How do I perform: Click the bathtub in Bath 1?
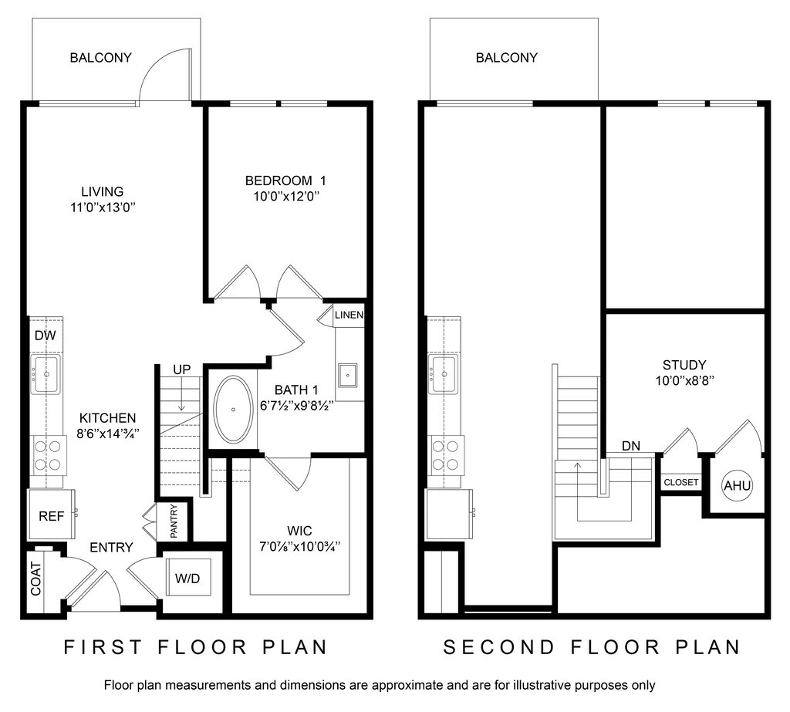click(233, 409)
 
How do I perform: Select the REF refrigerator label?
click(52, 516)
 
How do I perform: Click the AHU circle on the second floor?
click(737, 486)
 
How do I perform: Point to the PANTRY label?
click(174, 521)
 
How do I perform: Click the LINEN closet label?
click(349, 315)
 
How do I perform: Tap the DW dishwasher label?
click(46, 335)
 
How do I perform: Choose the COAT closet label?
click(35, 579)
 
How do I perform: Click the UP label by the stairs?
click(182, 369)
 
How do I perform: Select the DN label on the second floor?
click(631, 446)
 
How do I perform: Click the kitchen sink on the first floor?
click(46, 374)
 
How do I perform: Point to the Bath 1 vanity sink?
click(348, 375)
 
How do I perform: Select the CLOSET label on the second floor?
click(681, 482)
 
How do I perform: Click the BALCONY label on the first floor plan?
click(100, 57)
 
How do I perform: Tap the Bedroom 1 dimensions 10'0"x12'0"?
click(287, 196)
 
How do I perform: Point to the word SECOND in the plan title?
click(498, 647)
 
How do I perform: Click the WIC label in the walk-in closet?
click(299, 531)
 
